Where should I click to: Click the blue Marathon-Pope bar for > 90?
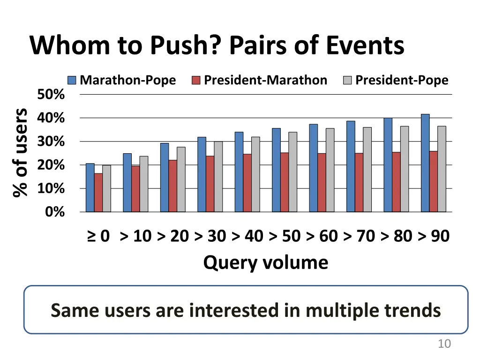point(425,163)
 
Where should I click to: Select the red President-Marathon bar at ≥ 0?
point(98,193)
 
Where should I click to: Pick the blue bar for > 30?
point(202,174)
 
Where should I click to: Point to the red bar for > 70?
point(359,182)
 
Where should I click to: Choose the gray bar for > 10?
point(143,184)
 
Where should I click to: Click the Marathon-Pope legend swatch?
point(72,80)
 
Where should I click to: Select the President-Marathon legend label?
point(265,80)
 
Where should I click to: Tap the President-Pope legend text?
point(402,80)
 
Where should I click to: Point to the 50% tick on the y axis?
point(51,95)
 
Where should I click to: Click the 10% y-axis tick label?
point(51,188)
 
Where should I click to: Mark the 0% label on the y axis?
point(55,212)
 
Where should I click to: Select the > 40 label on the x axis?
point(247,236)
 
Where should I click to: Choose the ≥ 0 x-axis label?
point(98,236)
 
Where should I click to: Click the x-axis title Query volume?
point(265,262)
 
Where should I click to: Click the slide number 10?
point(444,344)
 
